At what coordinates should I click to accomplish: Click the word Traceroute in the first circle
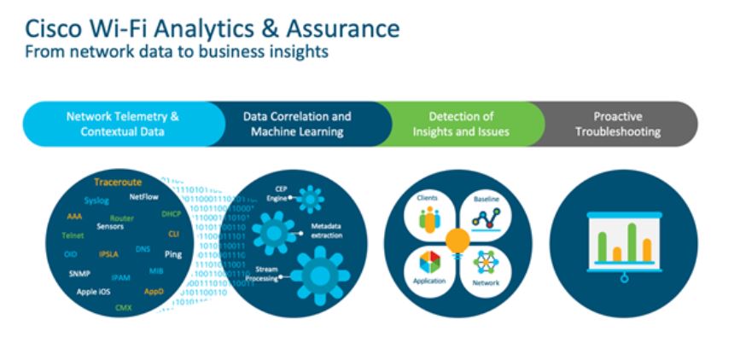pos(118,183)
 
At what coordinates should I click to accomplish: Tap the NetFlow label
pos(144,195)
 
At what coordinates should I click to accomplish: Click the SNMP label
pos(79,275)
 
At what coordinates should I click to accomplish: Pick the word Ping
pos(173,254)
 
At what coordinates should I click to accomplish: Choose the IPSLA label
pos(108,254)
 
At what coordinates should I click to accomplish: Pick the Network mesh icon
pos(486,264)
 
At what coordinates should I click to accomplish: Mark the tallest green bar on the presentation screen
pos(632,241)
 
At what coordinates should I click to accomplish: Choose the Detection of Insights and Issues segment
pos(460,124)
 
